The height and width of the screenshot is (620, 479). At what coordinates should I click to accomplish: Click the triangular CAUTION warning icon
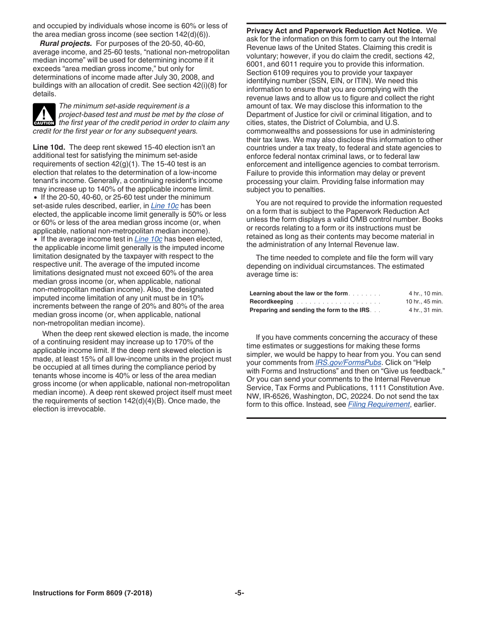coord(44,114)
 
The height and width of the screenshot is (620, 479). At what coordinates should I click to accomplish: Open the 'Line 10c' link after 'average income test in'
coord(148,239)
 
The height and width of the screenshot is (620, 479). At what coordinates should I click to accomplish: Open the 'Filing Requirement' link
coord(379,404)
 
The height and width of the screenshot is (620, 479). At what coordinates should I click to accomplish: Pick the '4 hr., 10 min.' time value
coord(426,293)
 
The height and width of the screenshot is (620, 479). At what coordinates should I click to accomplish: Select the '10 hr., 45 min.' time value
coord(424,301)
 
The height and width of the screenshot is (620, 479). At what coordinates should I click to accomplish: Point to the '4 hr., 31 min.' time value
coord(426,310)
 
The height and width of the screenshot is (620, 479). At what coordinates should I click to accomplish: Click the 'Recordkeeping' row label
coord(271,301)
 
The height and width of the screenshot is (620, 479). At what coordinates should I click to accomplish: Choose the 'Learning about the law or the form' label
coord(298,293)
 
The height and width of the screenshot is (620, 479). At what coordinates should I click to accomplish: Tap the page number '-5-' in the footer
coord(239,593)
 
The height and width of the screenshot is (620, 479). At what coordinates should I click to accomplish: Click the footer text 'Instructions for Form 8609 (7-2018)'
coord(92,593)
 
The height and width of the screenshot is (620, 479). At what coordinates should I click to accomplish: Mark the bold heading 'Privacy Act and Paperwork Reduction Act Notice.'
coord(334,31)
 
